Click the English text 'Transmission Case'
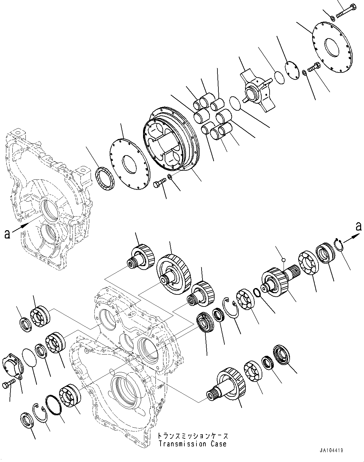point(192,444)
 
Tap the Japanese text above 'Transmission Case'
point(193,436)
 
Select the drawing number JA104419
point(332,451)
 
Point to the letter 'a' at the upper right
point(359,227)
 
